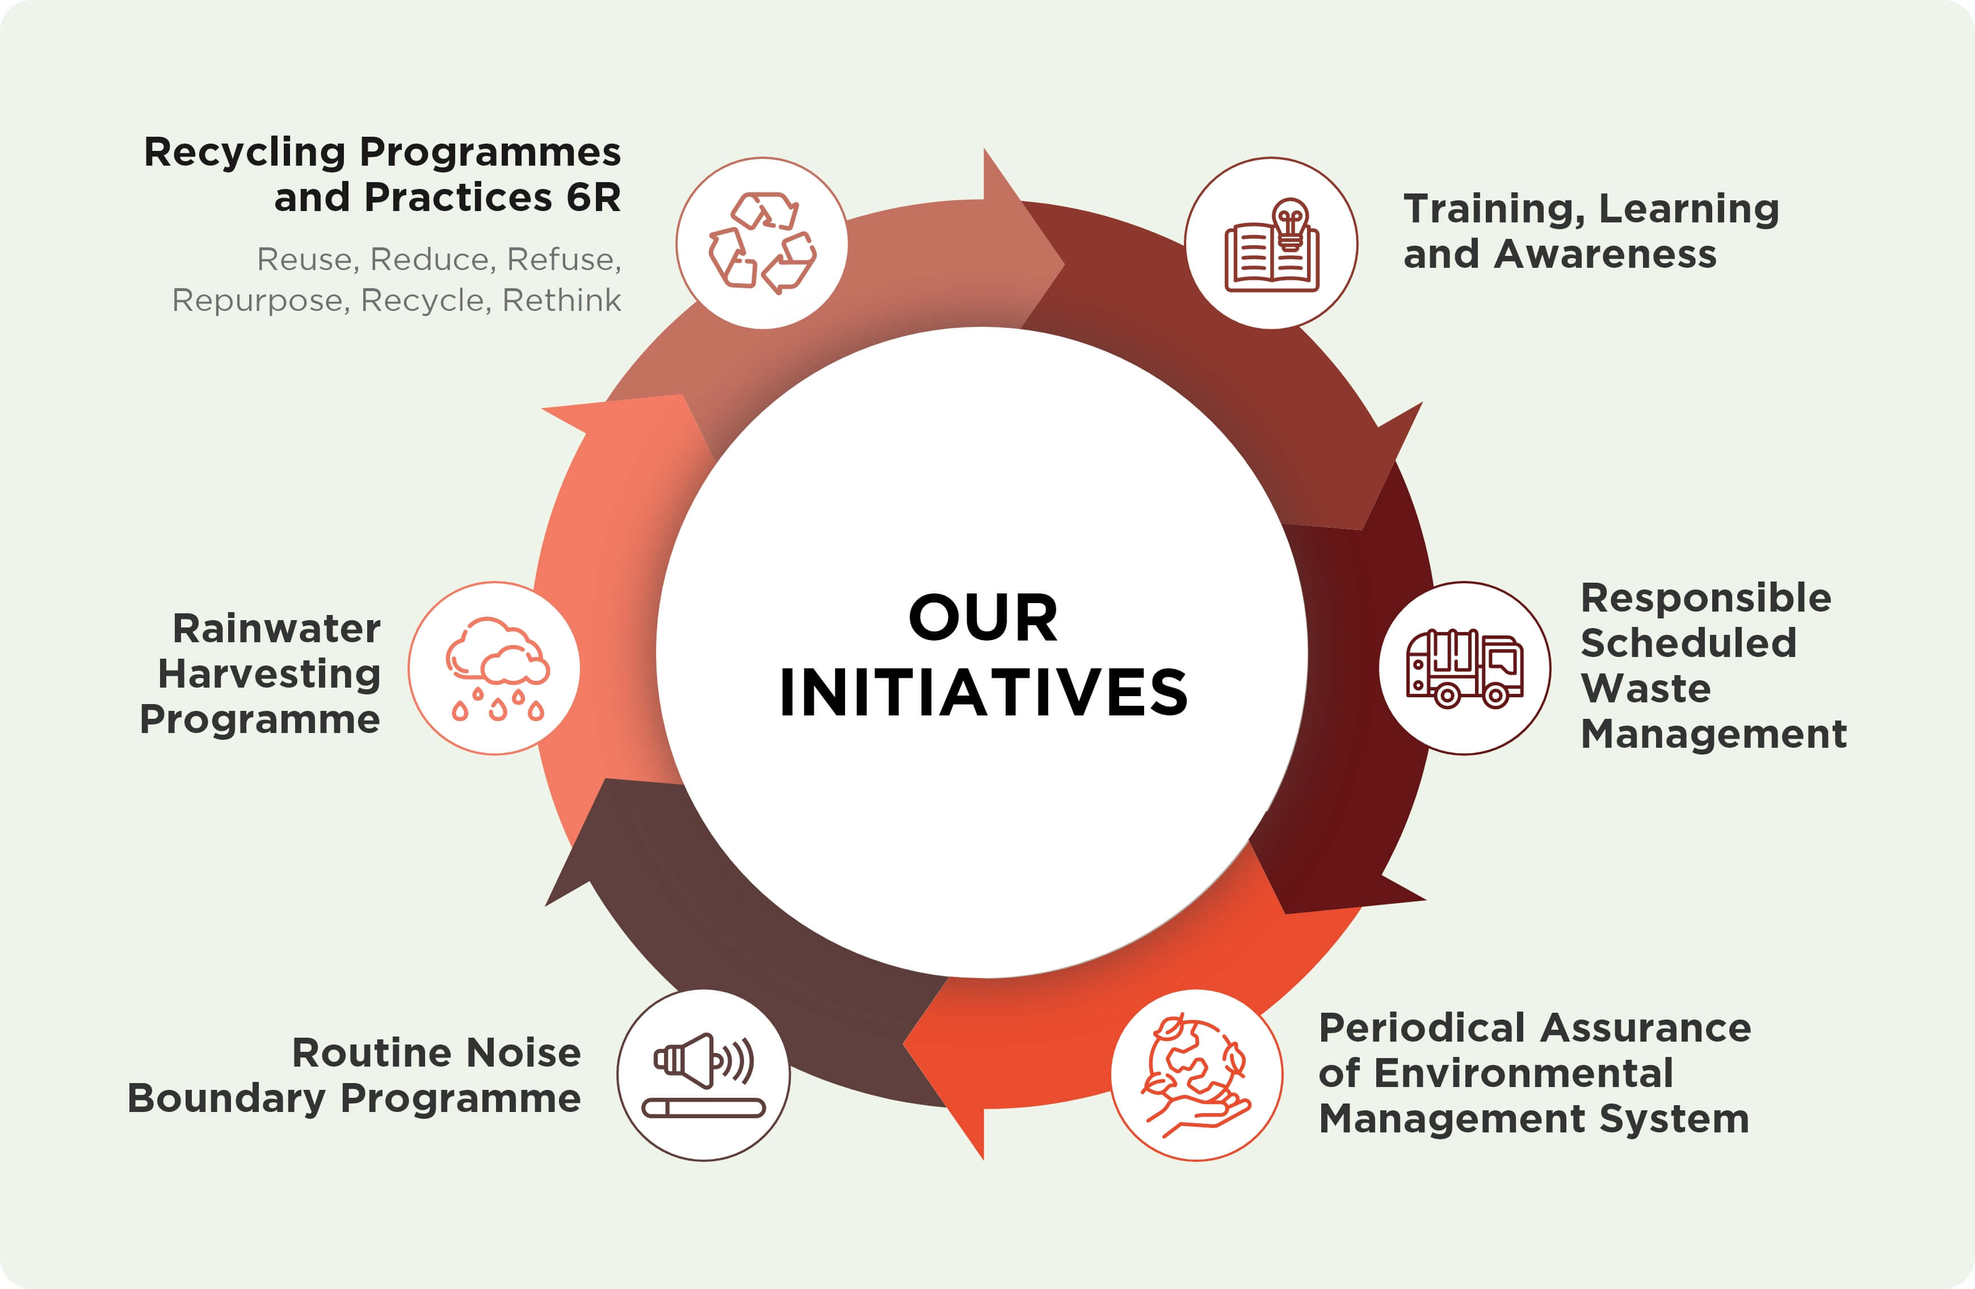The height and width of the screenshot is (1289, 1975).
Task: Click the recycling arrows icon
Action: pos(762,243)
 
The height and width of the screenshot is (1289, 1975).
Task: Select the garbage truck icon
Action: pos(1465,668)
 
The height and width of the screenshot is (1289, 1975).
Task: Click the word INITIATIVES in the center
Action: pos(984,693)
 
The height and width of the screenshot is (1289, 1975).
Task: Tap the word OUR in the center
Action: pos(984,618)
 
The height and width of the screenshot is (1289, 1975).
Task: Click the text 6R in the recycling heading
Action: pos(593,197)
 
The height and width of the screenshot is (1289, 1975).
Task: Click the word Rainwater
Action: pos(276,629)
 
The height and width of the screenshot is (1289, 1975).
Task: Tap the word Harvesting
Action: pos(269,675)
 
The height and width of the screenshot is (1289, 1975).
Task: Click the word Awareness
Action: pos(1605,254)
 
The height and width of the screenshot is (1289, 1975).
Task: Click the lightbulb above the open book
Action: pos(1291,223)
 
